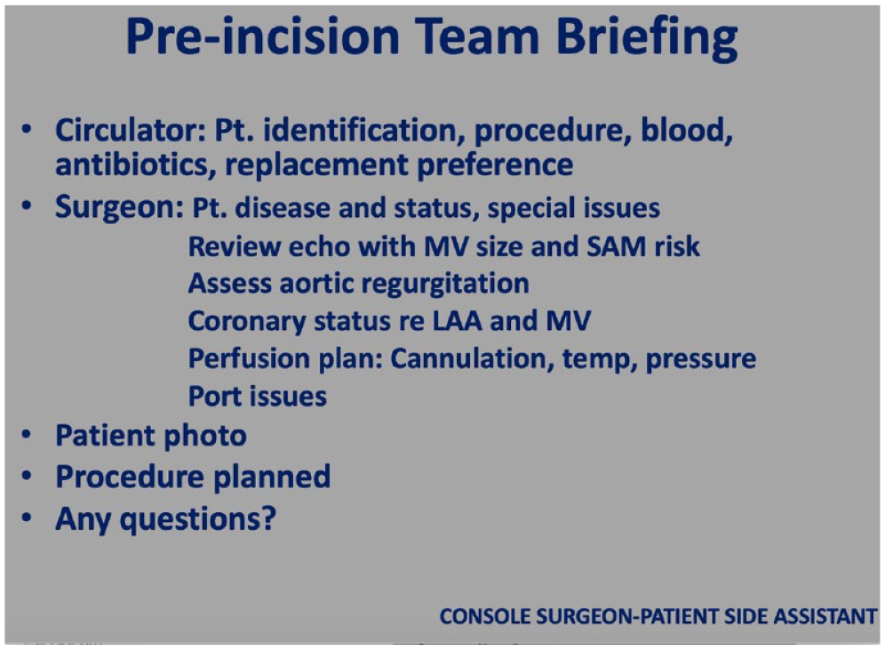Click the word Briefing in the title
pyautogui.click(x=647, y=37)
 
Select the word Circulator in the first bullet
pyautogui.click(x=130, y=131)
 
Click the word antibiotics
pyautogui.click(x=135, y=165)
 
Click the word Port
pyautogui.click(x=215, y=397)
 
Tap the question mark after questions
pyautogui.click(x=269, y=518)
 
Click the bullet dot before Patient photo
pyautogui.click(x=27, y=436)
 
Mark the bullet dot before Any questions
pyautogui.click(x=27, y=518)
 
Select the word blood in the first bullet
pyautogui.click(x=687, y=131)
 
